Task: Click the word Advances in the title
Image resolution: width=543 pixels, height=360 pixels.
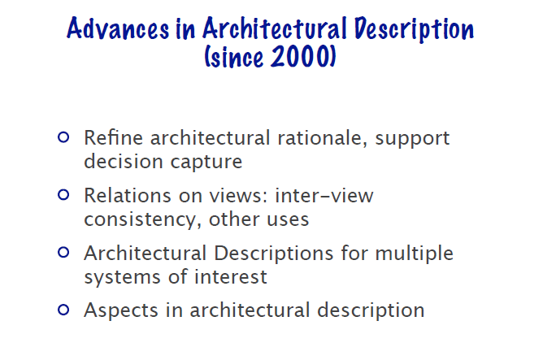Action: coord(118,28)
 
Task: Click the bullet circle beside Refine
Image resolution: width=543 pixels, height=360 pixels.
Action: coord(63,137)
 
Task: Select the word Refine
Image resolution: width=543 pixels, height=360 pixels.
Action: coord(114,138)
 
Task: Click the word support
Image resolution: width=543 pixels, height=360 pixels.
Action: coord(412,140)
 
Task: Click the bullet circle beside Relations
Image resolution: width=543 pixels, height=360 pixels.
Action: coord(63,195)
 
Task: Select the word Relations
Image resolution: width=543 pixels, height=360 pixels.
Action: coord(128,196)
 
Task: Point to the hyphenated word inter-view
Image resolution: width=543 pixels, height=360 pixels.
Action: coord(324,196)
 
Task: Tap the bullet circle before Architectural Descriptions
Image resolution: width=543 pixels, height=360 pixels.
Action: coord(63,253)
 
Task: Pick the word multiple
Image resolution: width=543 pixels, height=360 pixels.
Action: coord(415,254)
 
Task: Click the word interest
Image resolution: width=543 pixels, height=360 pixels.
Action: coord(231,277)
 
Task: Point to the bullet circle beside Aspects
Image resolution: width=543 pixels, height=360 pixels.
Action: coord(63,310)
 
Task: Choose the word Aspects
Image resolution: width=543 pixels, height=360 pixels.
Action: coord(121,310)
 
